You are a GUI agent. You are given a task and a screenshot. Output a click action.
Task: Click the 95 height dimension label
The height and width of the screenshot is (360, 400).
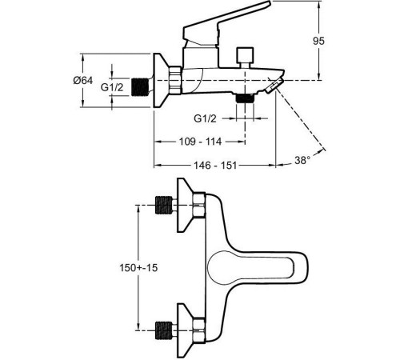pyautogui.click(x=318, y=41)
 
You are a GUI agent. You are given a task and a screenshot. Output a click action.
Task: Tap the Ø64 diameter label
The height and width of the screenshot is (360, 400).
pyautogui.click(x=83, y=80)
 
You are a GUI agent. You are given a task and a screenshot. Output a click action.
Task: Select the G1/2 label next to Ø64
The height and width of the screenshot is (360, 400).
pyautogui.click(x=112, y=87)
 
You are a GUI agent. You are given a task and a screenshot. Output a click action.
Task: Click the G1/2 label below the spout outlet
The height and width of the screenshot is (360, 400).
pyautogui.click(x=205, y=118)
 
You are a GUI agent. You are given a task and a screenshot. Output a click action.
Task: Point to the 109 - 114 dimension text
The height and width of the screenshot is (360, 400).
pyautogui.click(x=200, y=142)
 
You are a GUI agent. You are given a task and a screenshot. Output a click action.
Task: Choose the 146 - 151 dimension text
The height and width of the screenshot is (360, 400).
pyautogui.click(x=215, y=166)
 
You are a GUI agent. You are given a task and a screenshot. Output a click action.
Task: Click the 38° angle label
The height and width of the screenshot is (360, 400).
pyautogui.click(x=302, y=160)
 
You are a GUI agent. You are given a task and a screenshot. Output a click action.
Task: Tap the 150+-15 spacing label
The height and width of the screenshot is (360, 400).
pyautogui.click(x=138, y=267)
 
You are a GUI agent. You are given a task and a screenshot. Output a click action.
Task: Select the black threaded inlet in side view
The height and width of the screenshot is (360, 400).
pyautogui.click(x=140, y=87)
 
